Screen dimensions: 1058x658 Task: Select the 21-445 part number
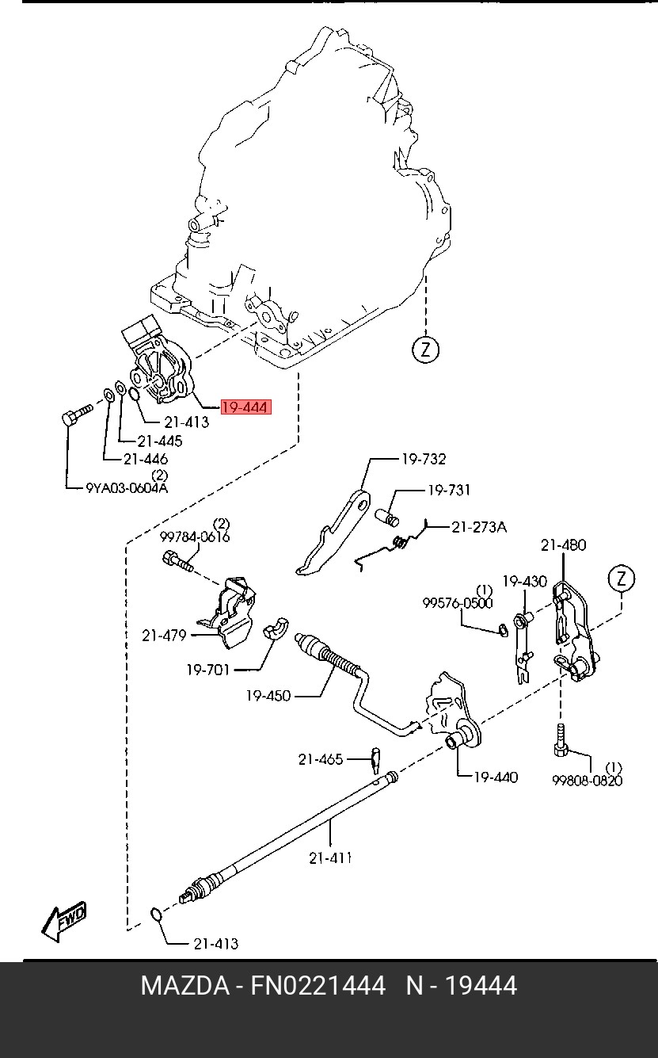(x=159, y=441)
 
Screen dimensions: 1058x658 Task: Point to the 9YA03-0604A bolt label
(x=127, y=487)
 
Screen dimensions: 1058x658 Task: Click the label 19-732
(x=423, y=459)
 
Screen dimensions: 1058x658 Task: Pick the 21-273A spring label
(x=479, y=526)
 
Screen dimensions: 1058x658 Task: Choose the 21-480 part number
(x=564, y=545)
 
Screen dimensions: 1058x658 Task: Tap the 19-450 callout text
(x=268, y=696)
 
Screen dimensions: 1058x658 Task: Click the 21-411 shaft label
(x=330, y=857)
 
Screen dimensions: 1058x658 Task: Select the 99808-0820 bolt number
(x=587, y=781)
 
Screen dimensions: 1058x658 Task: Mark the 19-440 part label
(x=496, y=777)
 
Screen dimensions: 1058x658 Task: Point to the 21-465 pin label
(x=321, y=759)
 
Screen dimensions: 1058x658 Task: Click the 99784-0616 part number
(x=195, y=537)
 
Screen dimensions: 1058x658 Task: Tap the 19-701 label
(x=207, y=670)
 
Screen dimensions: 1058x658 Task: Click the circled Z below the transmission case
(x=426, y=349)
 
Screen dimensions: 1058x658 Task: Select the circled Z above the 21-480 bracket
(x=622, y=579)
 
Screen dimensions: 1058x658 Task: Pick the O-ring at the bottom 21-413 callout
(x=157, y=917)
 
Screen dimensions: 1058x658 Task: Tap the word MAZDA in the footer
(x=184, y=987)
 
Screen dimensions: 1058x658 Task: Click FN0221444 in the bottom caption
(x=318, y=987)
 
